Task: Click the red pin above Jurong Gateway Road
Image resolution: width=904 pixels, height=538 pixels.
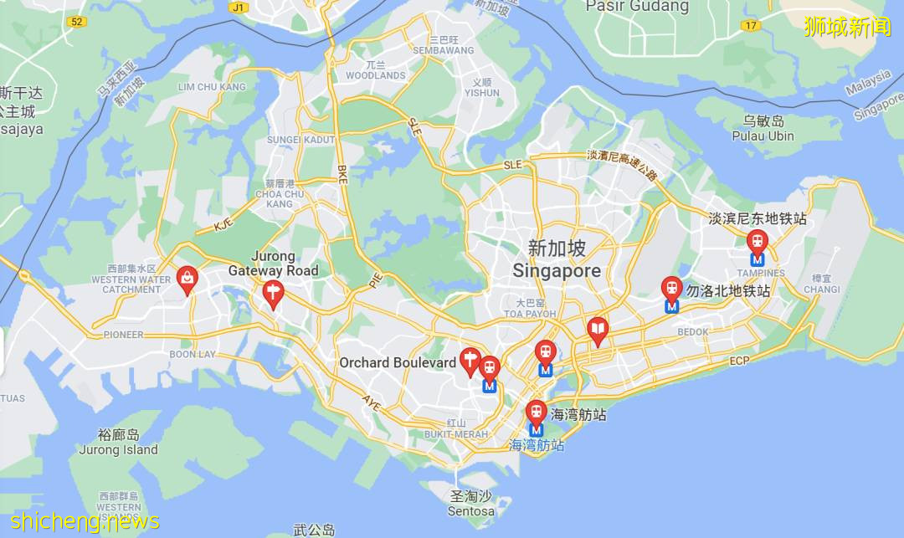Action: pyautogui.click(x=272, y=293)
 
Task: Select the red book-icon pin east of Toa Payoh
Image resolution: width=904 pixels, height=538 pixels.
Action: pyautogui.click(x=597, y=330)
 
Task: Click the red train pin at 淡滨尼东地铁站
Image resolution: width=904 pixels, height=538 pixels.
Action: pyautogui.click(x=758, y=243)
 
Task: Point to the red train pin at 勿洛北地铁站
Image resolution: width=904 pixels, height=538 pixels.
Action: pyautogui.click(x=671, y=289)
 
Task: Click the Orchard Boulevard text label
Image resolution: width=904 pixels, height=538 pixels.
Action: pyautogui.click(x=398, y=362)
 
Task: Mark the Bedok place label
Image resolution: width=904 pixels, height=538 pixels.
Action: pyautogui.click(x=693, y=332)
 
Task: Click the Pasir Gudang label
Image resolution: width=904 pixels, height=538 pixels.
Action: pyautogui.click(x=638, y=7)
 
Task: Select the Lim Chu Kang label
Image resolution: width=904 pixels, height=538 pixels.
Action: pyautogui.click(x=212, y=86)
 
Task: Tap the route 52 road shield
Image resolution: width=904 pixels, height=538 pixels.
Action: pyautogui.click(x=78, y=21)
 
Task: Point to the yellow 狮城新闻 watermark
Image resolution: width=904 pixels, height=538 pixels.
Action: pyautogui.click(x=848, y=27)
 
